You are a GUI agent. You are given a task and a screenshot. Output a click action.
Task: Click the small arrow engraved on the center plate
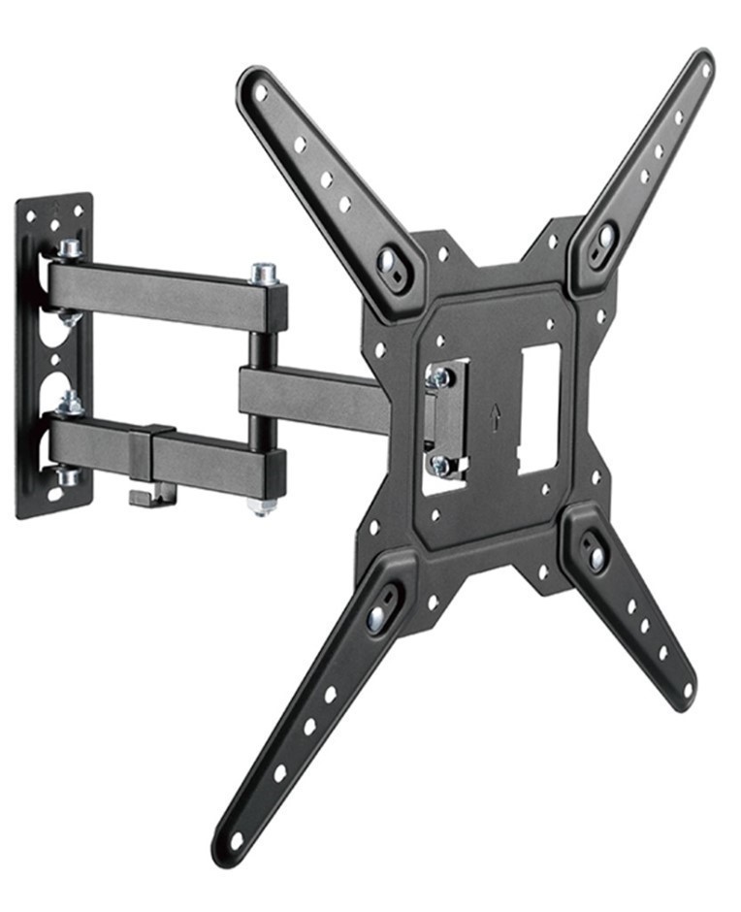495,416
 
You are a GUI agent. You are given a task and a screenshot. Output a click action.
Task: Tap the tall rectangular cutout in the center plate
539,407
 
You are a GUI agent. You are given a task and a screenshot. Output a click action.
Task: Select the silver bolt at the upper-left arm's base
390,260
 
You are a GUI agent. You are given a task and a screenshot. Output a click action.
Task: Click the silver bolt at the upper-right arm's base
604,236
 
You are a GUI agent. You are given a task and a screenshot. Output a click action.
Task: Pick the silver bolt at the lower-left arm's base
377,617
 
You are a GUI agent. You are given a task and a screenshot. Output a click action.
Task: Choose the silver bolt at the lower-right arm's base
596,557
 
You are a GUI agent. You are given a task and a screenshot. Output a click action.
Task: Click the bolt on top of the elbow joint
264,273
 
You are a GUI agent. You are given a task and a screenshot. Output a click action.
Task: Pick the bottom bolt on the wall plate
66,475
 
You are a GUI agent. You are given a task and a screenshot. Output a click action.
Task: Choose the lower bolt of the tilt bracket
440,465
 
